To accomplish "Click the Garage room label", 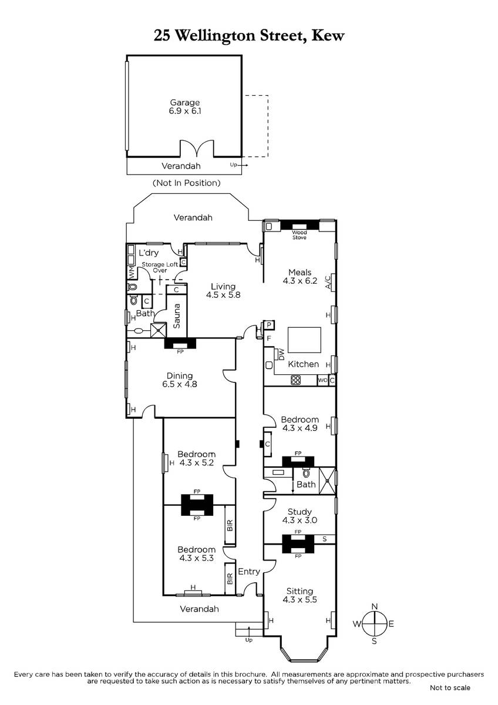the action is pyautogui.click(x=185, y=102).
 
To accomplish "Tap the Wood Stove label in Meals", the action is pyautogui.click(x=299, y=235).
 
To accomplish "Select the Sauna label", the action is pyautogui.click(x=177, y=315).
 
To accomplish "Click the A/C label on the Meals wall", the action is pyautogui.click(x=328, y=282).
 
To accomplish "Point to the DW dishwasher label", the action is pyautogui.click(x=281, y=354).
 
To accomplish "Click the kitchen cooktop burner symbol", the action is pyautogui.click(x=295, y=380).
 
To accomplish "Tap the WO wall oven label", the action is pyautogui.click(x=322, y=380).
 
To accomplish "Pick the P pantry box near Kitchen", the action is pyautogui.click(x=269, y=325).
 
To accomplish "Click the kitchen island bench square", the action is pyautogui.click(x=304, y=340).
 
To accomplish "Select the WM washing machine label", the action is pyautogui.click(x=132, y=273).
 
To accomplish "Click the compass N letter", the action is pyautogui.click(x=374, y=606).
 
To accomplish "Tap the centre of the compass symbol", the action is pyautogui.click(x=374, y=623).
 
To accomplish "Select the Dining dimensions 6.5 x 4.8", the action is pyautogui.click(x=180, y=384).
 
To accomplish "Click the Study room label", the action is pyautogui.click(x=300, y=512).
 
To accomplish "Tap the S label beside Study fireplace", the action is pyautogui.click(x=324, y=539).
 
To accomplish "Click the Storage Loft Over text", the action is pyautogui.click(x=160, y=267).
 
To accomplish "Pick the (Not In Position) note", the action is pyautogui.click(x=187, y=183).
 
